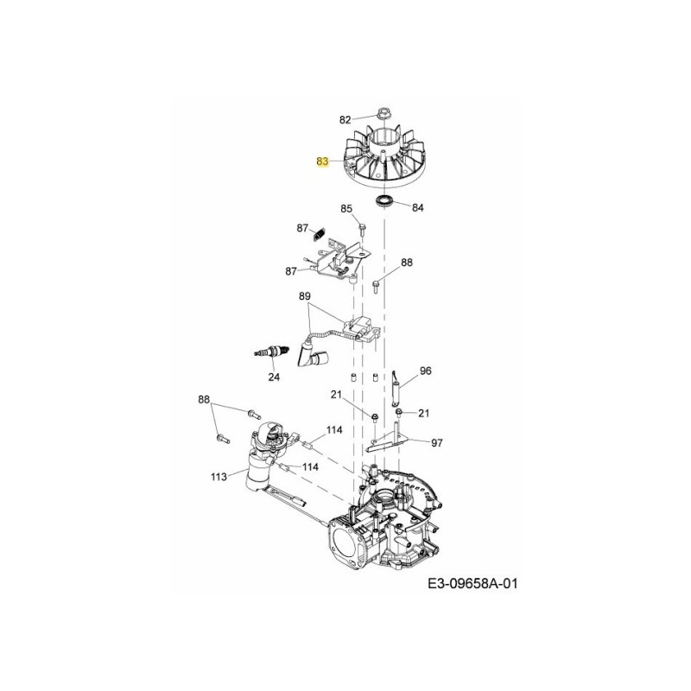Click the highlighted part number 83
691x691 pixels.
(x=322, y=162)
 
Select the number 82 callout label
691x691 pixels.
(x=345, y=119)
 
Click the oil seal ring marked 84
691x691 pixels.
(x=384, y=201)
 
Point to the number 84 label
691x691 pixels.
(x=418, y=207)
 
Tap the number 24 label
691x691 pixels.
(x=274, y=377)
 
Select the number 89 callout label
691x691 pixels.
(x=304, y=296)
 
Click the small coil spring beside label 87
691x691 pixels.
(x=319, y=232)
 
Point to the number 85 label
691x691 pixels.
(x=346, y=208)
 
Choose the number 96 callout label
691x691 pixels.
(x=425, y=371)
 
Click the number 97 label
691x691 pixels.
(x=436, y=442)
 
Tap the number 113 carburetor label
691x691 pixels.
(x=218, y=476)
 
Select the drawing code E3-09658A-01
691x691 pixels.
(x=473, y=585)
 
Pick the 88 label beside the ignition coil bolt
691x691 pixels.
(x=407, y=262)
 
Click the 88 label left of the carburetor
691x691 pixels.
(x=204, y=399)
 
